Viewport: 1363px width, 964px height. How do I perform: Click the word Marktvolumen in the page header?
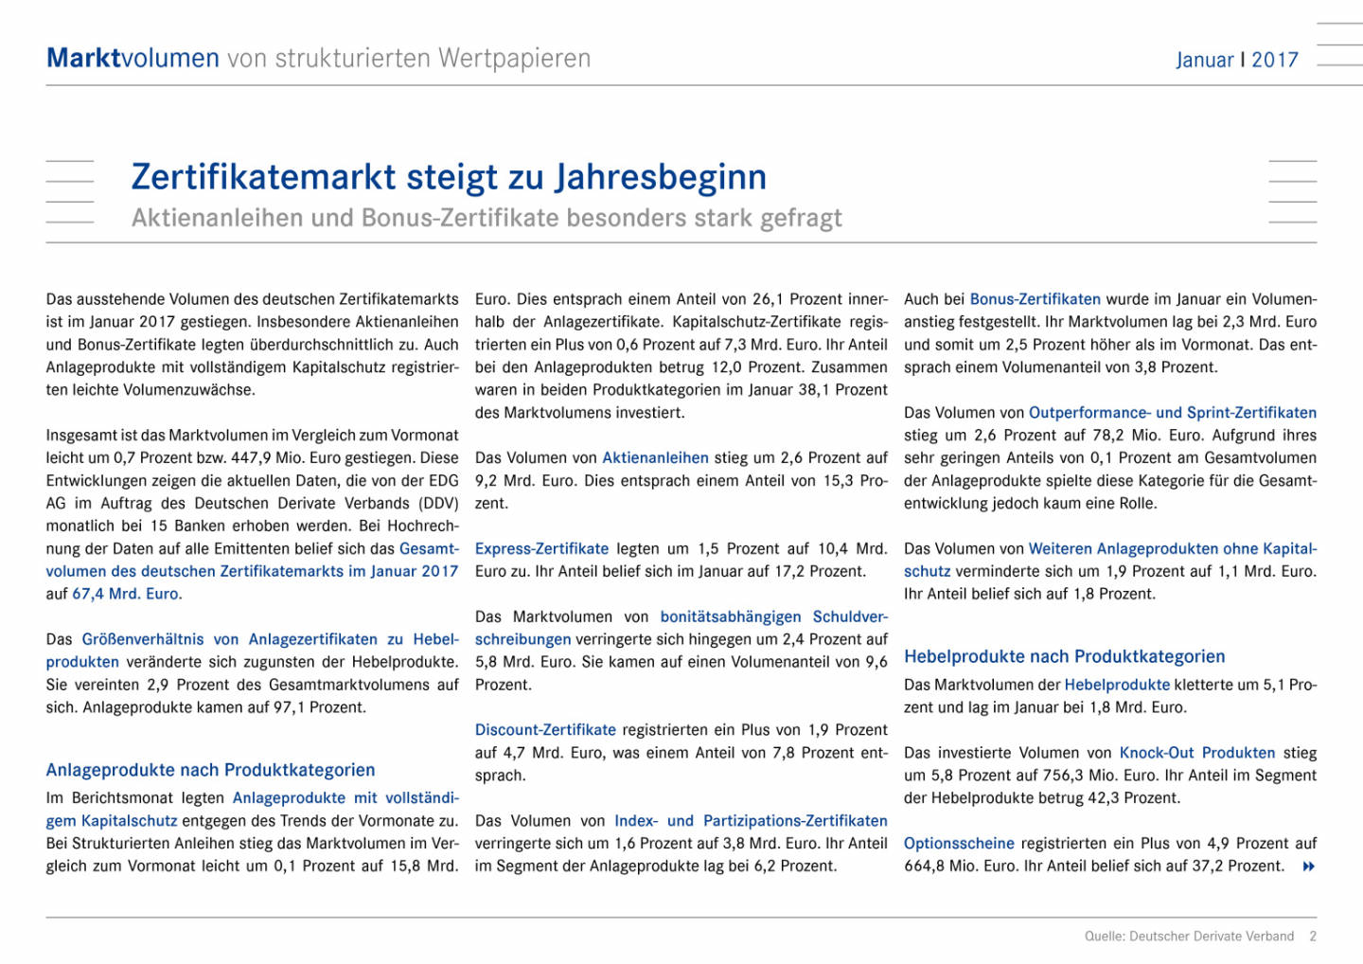[133, 58]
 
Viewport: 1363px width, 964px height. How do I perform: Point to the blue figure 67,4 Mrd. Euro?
[127, 594]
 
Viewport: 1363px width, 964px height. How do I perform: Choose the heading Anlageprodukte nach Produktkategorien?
[210, 770]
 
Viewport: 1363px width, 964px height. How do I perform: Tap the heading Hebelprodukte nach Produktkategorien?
[1064, 656]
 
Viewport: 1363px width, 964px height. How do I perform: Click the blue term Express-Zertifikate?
[541, 548]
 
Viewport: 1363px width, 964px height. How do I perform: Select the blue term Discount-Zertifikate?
[545, 730]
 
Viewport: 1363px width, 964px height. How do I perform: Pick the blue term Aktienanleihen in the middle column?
[655, 457]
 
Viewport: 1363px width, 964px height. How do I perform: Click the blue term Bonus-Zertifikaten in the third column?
[1035, 299]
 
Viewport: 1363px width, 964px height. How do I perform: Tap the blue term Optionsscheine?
[959, 843]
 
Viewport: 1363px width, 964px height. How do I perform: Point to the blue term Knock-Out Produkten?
[1196, 753]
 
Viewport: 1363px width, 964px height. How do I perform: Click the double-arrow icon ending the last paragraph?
[1309, 866]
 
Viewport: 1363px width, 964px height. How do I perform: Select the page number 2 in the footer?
[1313, 936]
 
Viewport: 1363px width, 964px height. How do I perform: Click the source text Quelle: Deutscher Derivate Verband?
[1189, 936]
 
